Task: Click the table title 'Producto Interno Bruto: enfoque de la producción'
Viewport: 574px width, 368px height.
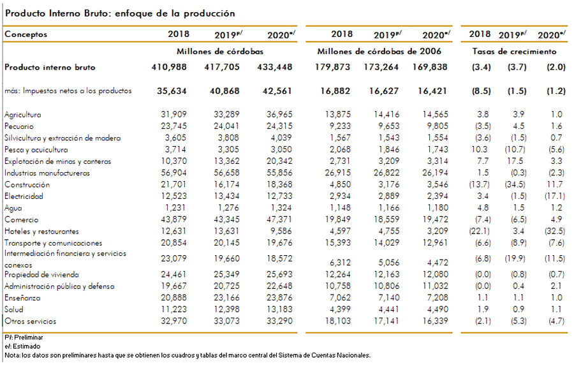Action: [120, 13]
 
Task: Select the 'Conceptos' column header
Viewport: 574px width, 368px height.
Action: [26, 34]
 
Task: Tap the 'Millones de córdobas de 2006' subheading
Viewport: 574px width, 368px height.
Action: [379, 51]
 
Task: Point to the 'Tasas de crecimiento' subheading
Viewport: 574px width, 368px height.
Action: [514, 51]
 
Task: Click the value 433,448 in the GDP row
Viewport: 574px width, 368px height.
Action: [275, 67]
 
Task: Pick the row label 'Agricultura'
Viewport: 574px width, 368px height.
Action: [23, 115]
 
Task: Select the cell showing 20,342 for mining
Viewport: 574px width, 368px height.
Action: [279, 161]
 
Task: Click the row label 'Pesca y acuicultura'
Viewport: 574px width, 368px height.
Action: [36, 150]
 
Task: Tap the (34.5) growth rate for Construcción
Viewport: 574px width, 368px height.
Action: [515, 184]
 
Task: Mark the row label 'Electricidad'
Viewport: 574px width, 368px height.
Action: [24, 196]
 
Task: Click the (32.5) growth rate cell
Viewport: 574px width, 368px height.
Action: [555, 232]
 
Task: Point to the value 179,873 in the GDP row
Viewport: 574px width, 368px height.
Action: [333, 67]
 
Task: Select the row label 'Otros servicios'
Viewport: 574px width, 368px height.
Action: [31, 321]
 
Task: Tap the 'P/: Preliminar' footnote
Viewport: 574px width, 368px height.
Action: [24, 337]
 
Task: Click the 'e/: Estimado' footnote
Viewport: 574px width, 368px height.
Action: [22, 346]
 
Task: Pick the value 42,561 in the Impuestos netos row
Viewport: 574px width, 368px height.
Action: [277, 91]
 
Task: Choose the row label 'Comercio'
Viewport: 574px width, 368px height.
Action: [22, 219]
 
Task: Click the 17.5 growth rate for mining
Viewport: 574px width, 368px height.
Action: [515, 161]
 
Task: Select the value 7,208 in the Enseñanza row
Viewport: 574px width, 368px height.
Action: [438, 298]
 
